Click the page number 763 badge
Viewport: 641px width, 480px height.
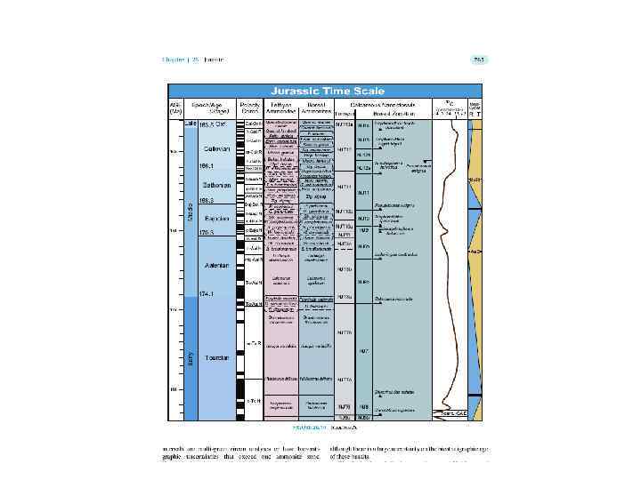pyautogui.click(x=478, y=60)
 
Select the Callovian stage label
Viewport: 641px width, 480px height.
pyautogui.click(x=216, y=149)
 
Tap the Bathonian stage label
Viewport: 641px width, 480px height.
pyautogui.click(x=217, y=186)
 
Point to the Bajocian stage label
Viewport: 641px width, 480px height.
pyautogui.click(x=217, y=218)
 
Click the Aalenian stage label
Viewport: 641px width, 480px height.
pyautogui.click(x=217, y=266)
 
